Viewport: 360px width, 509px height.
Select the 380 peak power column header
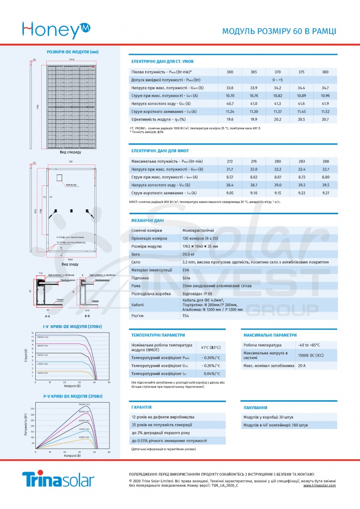tap(325, 72)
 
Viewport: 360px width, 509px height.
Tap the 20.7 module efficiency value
tap(325, 119)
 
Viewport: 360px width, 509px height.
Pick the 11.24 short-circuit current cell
tap(230, 111)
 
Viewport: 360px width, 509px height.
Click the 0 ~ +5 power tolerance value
tap(277, 80)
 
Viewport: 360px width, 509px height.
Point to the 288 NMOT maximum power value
tap(325, 161)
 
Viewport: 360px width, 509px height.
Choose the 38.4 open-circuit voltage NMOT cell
tap(230, 185)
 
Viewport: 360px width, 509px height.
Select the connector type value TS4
tap(186, 316)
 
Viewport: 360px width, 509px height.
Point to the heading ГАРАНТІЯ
tap(141, 407)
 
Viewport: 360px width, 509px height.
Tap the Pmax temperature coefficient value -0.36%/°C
tap(211, 357)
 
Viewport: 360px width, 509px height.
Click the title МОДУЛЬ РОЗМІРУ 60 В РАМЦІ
tap(278, 31)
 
